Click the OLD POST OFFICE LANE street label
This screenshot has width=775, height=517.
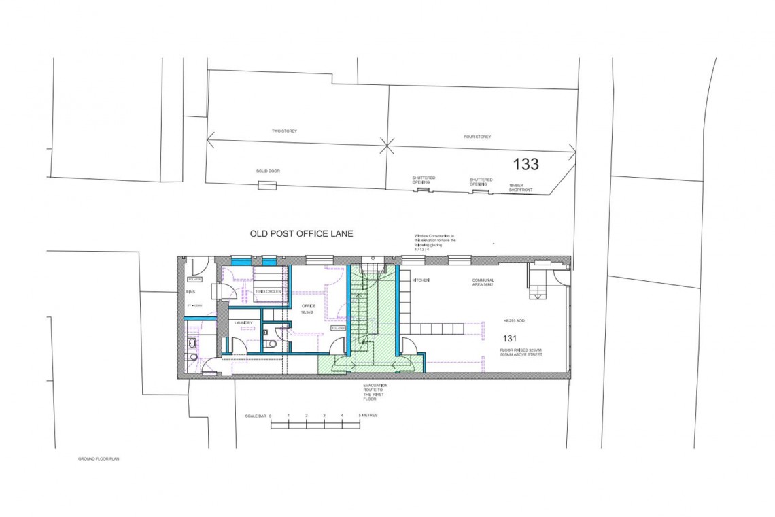click(302, 233)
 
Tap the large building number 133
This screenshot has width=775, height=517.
click(526, 164)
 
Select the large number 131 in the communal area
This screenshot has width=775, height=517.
click(511, 338)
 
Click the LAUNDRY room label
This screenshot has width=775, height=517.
click(243, 322)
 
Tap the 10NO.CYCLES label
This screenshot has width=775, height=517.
click(264, 291)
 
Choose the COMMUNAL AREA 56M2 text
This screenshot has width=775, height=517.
click(483, 283)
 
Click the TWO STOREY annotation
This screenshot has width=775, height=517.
click(285, 131)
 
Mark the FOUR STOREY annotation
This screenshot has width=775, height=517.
click(477, 137)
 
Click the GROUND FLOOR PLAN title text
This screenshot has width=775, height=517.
click(99, 459)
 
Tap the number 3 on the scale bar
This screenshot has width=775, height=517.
click(324, 415)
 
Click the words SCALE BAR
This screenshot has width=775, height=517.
click(256, 415)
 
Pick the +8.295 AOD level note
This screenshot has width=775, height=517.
click(514, 320)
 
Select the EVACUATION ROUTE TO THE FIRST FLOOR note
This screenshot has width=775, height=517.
click(375, 393)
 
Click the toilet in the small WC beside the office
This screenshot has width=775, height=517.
click(273, 343)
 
